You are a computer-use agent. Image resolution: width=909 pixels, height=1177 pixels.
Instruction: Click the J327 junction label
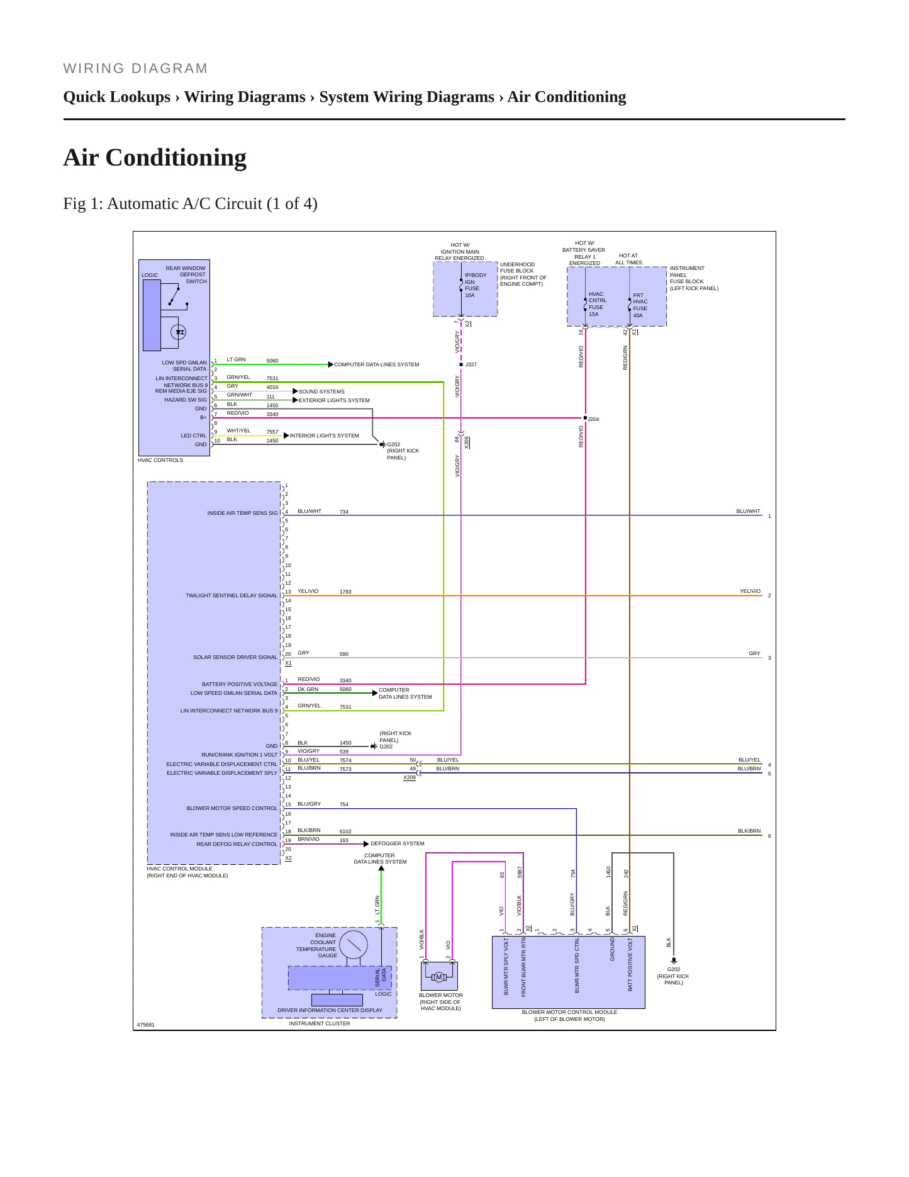point(471,364)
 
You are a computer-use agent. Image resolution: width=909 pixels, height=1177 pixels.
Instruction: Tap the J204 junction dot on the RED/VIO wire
point(585,417)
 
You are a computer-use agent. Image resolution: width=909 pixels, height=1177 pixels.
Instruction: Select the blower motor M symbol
point(439,977)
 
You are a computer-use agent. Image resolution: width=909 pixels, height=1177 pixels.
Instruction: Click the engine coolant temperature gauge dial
point(354,945)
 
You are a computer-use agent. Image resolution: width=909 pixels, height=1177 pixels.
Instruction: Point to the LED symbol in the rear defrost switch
point(179,332)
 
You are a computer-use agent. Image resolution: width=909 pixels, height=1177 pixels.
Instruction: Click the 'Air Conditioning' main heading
point(155,157)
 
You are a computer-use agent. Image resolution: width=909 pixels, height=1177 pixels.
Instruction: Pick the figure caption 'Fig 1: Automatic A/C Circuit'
point(190,204)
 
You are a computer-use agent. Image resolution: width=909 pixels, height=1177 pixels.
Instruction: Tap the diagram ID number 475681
point(146,1025)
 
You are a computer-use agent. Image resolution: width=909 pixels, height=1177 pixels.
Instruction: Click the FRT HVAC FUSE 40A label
point(640,305)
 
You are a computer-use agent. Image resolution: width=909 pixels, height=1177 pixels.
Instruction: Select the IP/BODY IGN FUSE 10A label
point(476,285)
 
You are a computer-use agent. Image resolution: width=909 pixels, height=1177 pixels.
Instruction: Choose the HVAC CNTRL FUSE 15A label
point(598,304)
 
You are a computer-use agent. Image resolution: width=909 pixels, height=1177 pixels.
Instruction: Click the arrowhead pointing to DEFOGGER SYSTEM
point(366,843)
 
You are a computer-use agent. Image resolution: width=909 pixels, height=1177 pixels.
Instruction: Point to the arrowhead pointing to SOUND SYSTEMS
point(295,391)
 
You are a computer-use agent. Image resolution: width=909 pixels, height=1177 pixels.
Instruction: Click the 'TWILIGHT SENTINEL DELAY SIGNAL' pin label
point(231,595)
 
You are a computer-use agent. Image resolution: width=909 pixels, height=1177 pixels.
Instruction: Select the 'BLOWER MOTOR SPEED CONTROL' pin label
point(231,808)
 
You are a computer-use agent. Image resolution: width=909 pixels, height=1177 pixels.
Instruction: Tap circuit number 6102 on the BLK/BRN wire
point(345,831)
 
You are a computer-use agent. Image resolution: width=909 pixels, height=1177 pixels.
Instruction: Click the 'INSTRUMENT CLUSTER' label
point(320,1023)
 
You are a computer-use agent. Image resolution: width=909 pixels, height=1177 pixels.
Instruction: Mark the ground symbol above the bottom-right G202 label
point(673,961)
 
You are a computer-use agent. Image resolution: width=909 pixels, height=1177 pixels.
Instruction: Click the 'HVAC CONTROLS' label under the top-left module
point(160,460)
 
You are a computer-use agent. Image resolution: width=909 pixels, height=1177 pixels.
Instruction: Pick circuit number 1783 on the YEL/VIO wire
point(345,592)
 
